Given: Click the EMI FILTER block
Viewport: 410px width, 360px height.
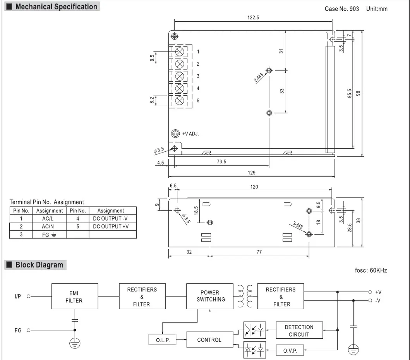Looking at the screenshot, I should coord(74,297).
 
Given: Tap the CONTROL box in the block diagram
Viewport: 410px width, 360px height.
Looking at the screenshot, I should coord(209,340).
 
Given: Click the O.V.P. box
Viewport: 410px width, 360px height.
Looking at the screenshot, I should coord(290,351).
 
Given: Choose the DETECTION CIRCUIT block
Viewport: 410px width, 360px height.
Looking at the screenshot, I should coord(299,331).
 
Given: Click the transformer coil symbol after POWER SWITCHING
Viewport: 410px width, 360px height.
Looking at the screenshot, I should coord(244,296).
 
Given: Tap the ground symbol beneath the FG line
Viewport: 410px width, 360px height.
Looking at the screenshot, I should coord(75,343).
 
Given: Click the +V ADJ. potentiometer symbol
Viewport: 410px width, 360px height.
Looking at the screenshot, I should coord(175,134).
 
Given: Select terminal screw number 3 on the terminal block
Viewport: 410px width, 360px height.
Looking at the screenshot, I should coord(180,76).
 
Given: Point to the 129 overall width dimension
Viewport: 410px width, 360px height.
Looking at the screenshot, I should coord(252,173).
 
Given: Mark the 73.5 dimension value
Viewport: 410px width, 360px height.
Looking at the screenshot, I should coord(221,162).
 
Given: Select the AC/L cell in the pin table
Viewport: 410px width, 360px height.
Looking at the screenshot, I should coord(49,219).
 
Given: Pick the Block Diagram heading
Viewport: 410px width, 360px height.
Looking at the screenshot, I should coord(39,265).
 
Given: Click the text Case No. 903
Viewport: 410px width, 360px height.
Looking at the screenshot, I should coord(341,9).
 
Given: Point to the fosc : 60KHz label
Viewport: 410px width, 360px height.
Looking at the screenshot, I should coord(371,270).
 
